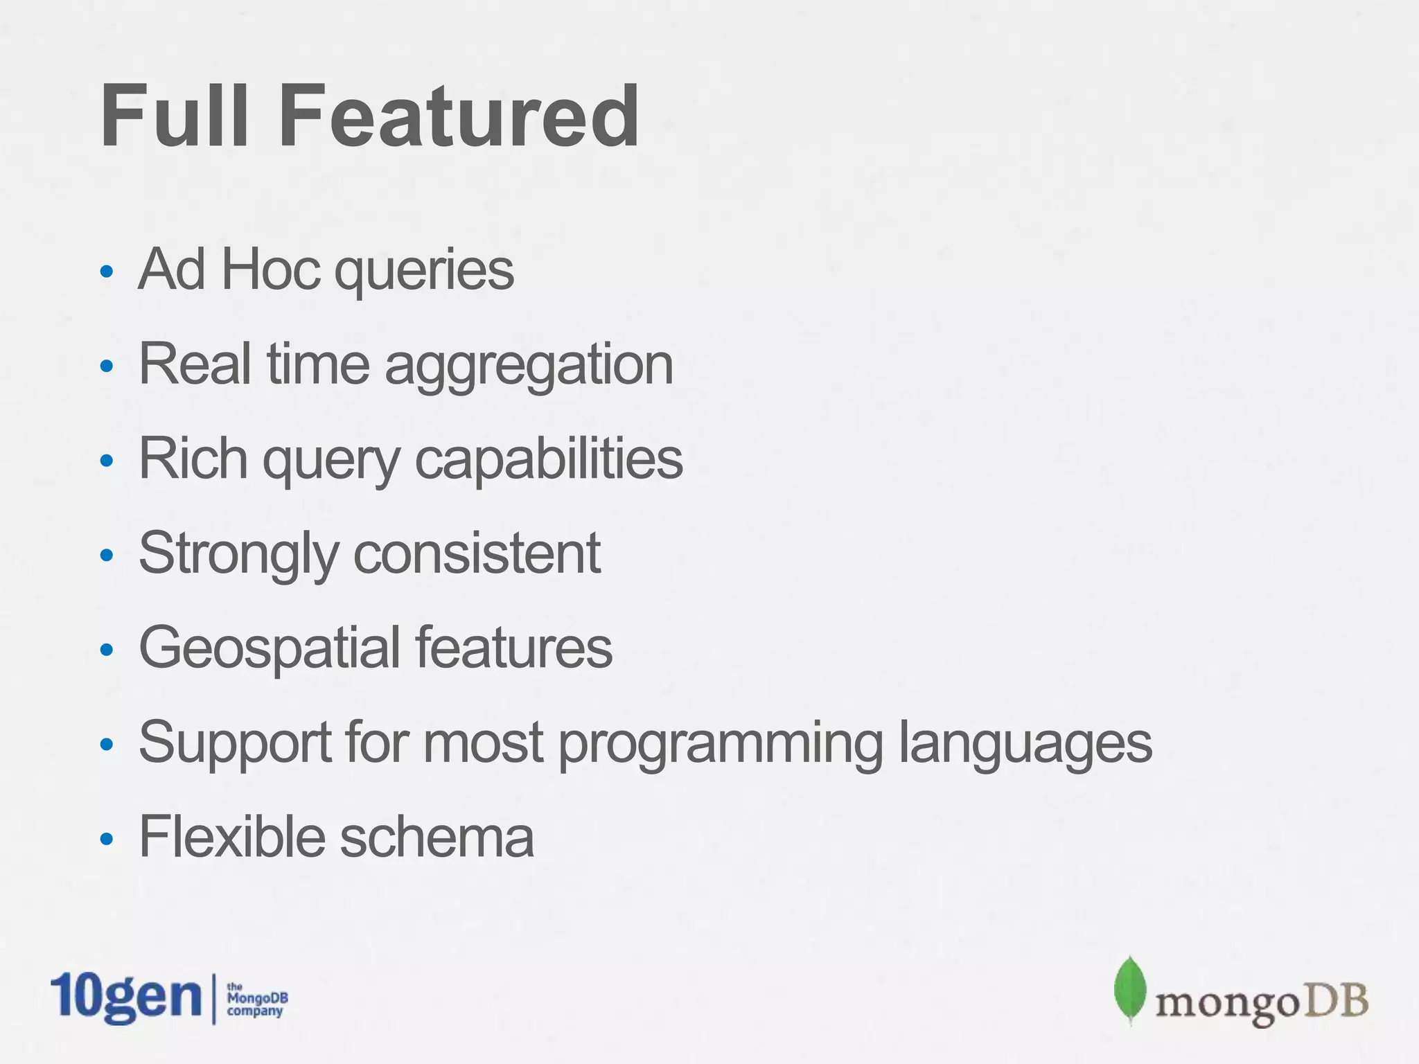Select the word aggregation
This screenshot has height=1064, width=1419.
529,366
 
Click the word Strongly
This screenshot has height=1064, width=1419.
238,554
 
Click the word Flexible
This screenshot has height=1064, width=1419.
231,836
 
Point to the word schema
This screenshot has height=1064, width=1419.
437,837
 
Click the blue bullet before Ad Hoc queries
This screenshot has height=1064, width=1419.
106,272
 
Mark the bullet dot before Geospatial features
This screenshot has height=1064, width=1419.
106,650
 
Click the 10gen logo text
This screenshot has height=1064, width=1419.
125,997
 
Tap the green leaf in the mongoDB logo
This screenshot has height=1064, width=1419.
1130,989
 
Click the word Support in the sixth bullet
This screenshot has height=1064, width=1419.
235,743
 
